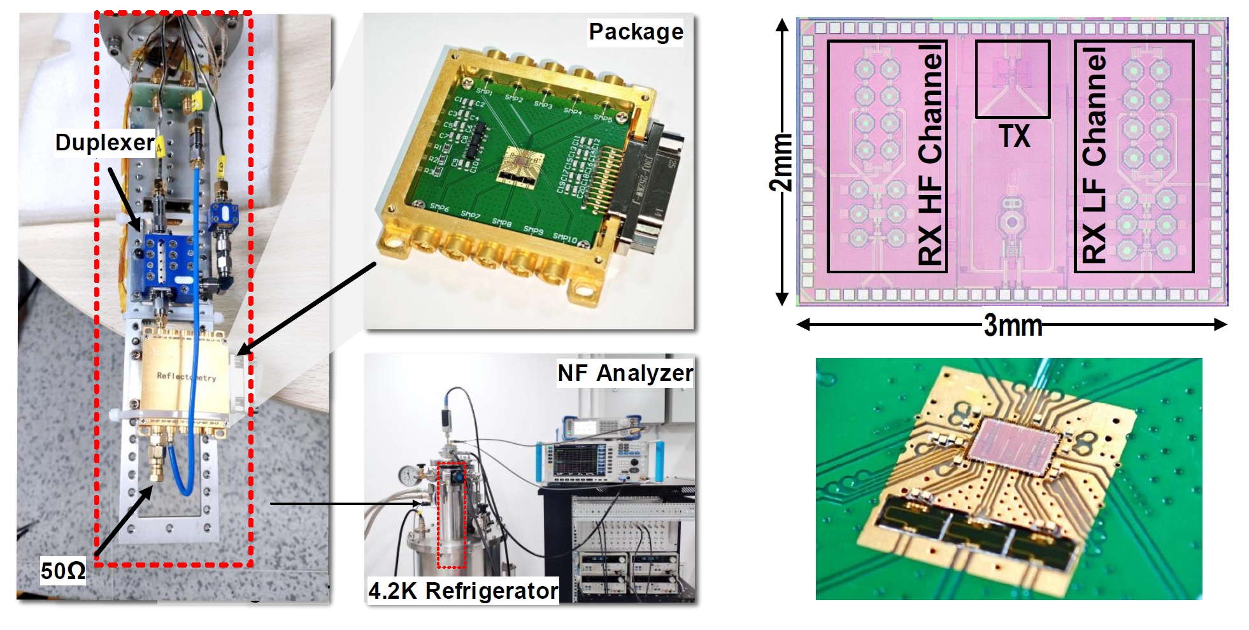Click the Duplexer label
(104, 142)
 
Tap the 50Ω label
(62, 570)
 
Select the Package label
(635, 32)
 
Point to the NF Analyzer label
(625, 373)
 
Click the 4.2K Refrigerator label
(463, 591)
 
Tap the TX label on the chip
(1013, 136)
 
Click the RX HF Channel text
(930, 155)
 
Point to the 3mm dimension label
(1013, 326)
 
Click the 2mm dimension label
(782, 163)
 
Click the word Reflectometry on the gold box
(187, 376)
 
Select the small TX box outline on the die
(1013, 79)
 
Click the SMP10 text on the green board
(566, 238)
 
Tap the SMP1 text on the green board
(484, 90)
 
